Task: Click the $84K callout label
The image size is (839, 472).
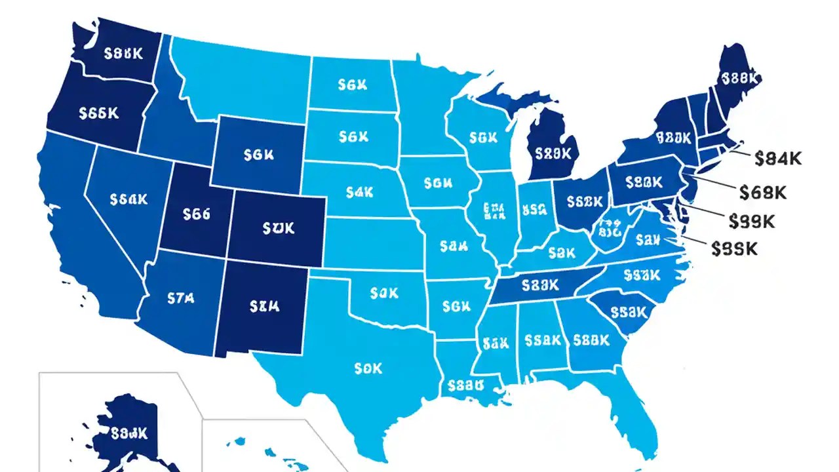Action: tap(778, 158)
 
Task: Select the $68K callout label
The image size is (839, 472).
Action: tap(762, 191)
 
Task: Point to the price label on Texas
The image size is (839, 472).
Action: tap(367, 369)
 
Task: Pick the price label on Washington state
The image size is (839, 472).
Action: tap(123, 53)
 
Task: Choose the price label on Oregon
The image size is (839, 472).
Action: tap(98, 113)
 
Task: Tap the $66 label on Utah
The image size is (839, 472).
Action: tap(197, 213)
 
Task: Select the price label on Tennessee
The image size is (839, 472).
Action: tap(539, 285)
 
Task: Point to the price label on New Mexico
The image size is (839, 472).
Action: tap(265, 305)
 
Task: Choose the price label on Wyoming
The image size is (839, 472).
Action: tap(258, 155)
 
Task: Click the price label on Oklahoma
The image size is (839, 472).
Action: tap(384, 292)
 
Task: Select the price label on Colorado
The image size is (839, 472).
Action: tap(279, 228)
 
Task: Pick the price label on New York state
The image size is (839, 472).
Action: tap(674, 138)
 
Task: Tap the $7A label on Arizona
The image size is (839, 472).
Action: tap(182, 299)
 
